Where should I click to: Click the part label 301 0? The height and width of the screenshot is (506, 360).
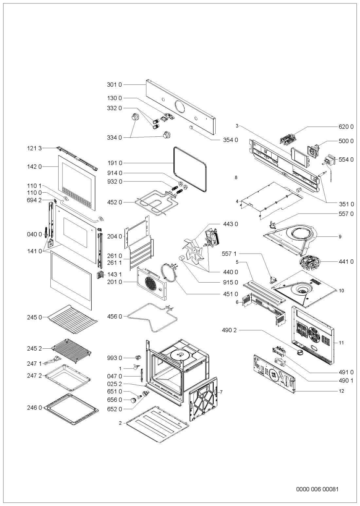114,85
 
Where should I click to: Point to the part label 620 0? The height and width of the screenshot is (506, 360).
346,127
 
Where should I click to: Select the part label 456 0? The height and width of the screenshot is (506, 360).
114,317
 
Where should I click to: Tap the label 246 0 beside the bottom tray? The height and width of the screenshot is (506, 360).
34,408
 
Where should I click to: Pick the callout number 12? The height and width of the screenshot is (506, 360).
341,391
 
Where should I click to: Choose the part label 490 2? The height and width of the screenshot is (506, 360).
229,330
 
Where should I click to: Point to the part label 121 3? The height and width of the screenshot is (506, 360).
34,148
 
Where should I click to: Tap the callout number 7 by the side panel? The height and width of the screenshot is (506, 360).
221,392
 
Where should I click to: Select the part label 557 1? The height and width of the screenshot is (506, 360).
229,254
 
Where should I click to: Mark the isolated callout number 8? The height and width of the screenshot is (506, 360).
236,178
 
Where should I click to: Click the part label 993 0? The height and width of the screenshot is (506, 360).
114,358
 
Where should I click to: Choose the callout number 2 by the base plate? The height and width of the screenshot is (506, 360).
120,423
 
